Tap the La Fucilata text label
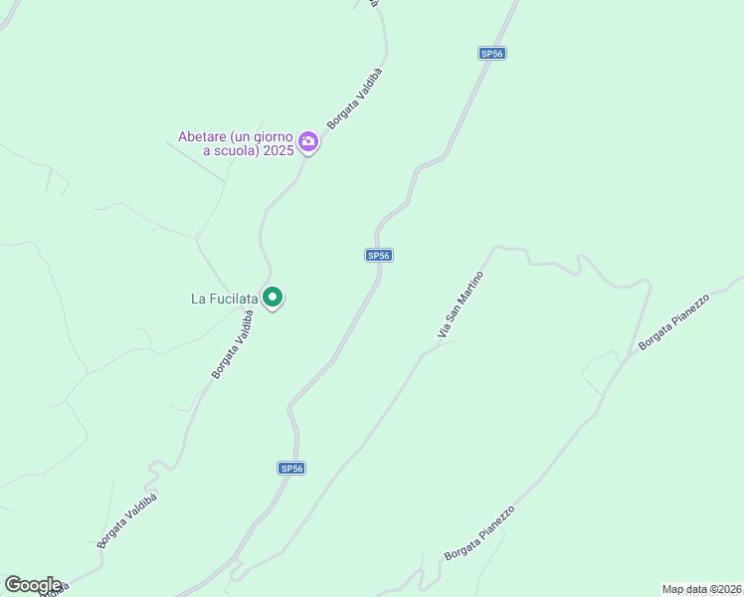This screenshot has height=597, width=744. pyautogui.click(x=225, y=298)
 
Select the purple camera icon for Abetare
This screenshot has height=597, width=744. pyautogui.click(x=308, y=141)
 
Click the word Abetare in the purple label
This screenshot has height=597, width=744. pyautogui.click(x=203, y=136)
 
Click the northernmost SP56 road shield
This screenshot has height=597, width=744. pyautogui.click(x=491, y=54)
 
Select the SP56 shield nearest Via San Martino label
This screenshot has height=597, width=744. pyautogui.click(x=378, y=256)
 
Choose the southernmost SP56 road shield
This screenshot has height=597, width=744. pyautogui.click(x=290, y=468)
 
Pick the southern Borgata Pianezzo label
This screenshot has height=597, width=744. pyautogui.click(x=480, y=533)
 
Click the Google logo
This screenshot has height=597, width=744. pyautogui.click(x=33, y=585)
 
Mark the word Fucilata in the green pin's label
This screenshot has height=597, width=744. pyautogui.click(x=235, y=298)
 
